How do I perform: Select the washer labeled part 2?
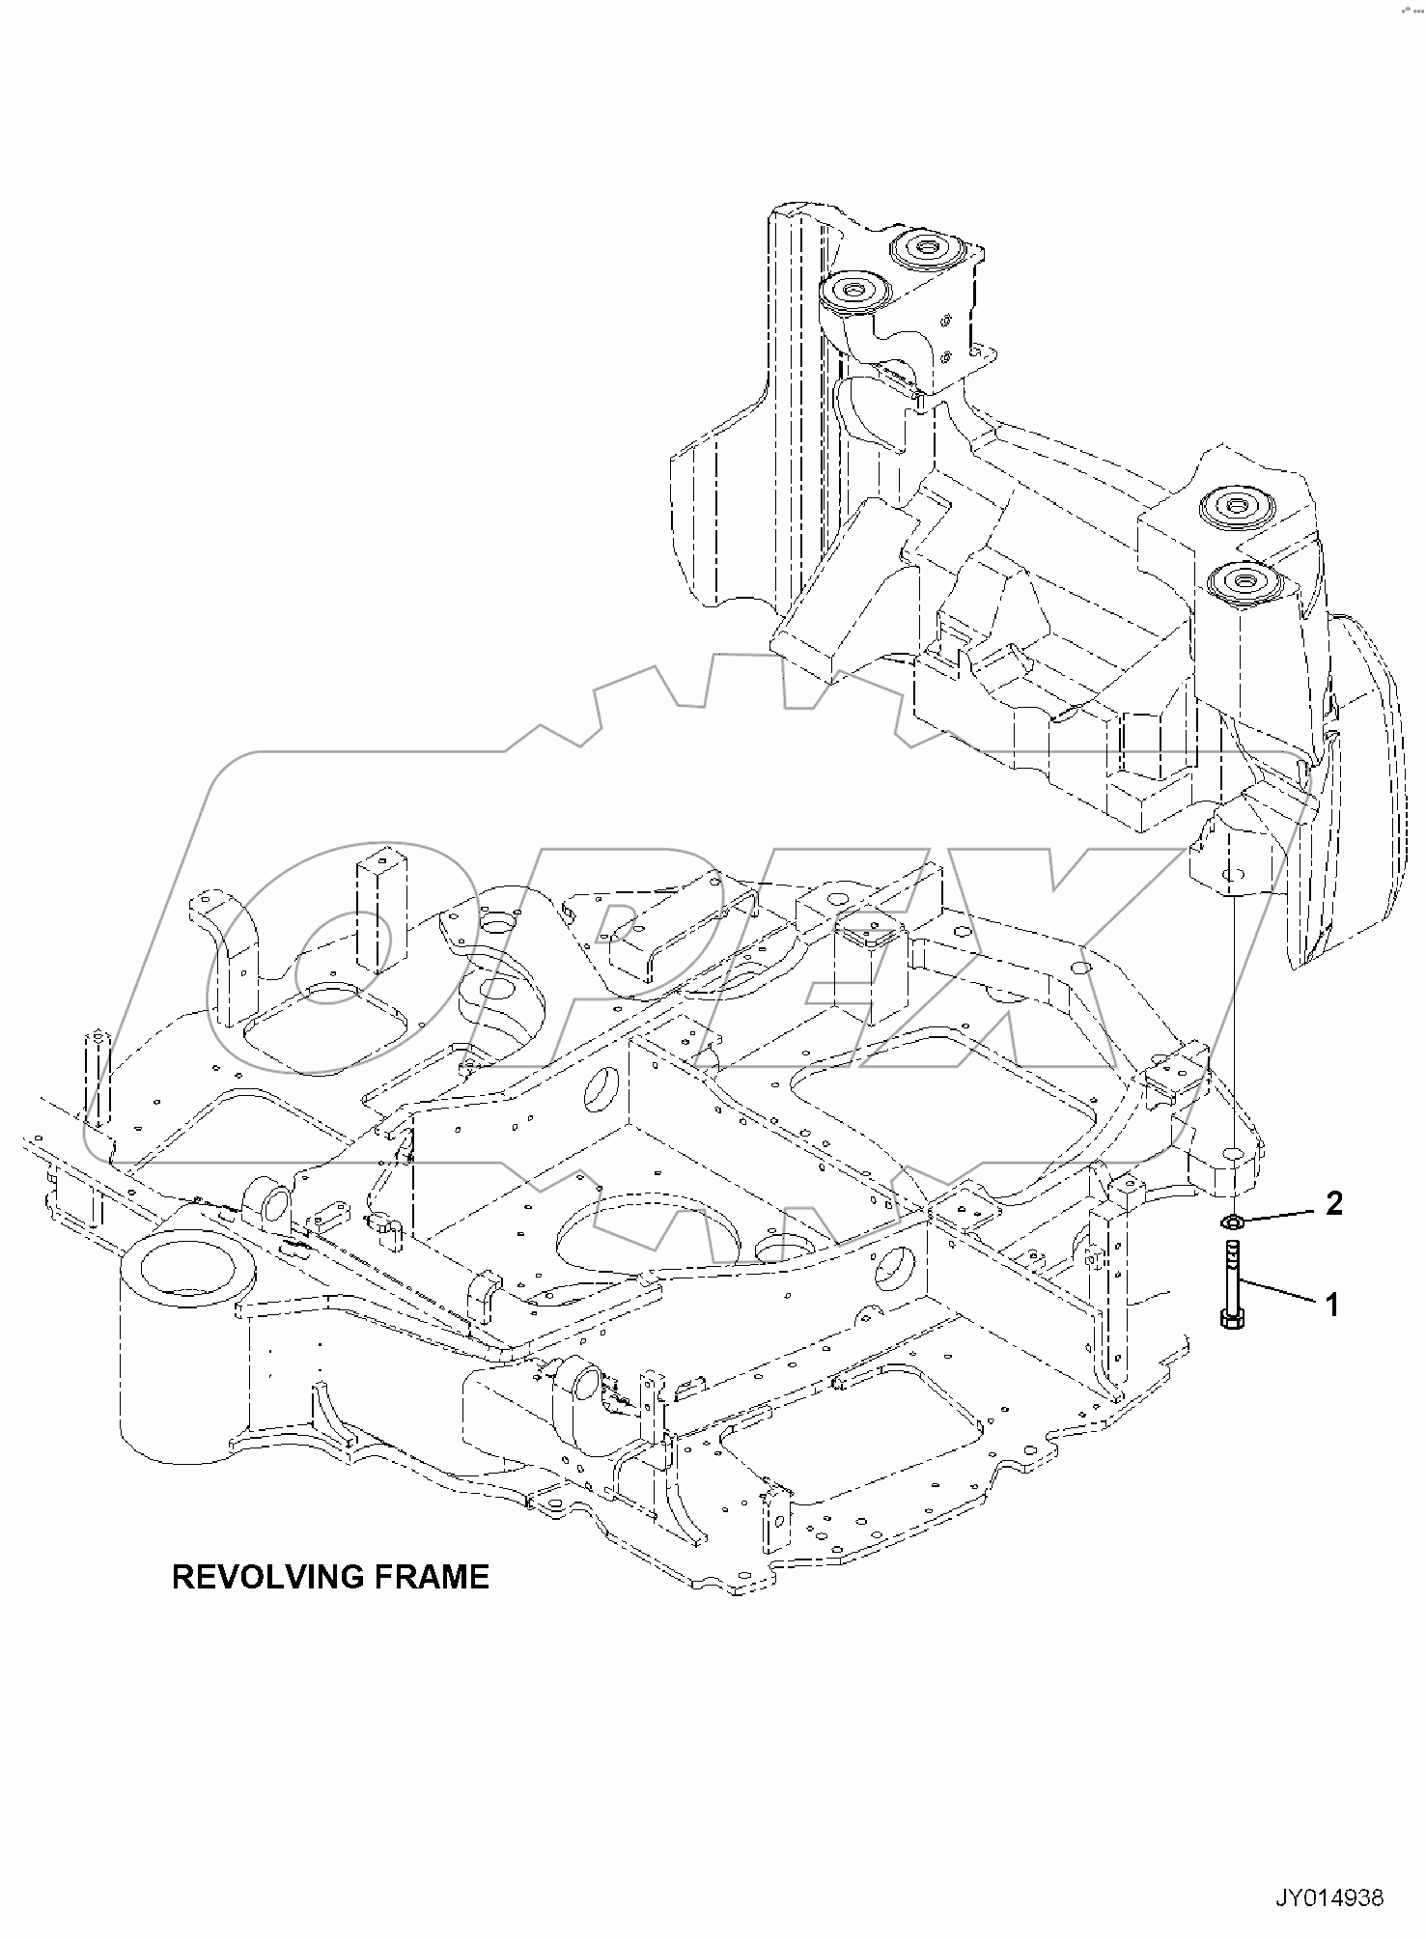click(x=1232, y=1222)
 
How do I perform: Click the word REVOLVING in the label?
click(x=261, y=1577)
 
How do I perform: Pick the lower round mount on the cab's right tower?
click(x=1242, y=582)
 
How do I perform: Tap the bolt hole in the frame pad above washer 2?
click(x=1233, y=1153)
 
